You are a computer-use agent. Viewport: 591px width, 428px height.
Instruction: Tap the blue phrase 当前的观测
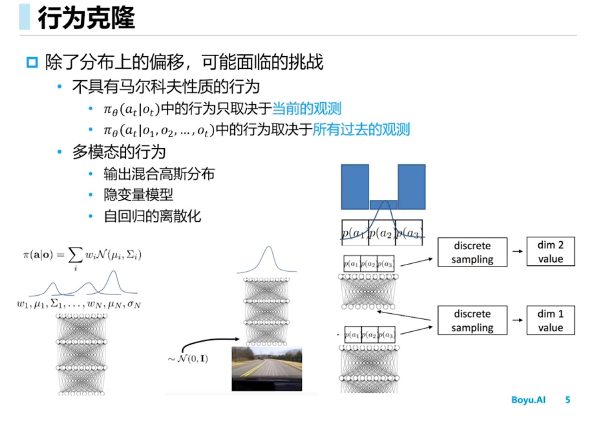(x=307, y=108)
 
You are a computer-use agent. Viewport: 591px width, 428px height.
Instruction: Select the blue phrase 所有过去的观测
(x=361, y=129)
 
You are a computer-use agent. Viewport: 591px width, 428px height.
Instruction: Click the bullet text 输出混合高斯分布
(x=159, y=173)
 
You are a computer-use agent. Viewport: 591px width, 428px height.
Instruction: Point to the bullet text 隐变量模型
(x=138, y=195)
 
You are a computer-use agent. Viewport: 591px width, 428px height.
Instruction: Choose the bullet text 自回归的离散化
(x=152, y=216)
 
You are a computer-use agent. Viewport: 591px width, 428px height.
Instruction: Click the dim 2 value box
(x=551, y=252)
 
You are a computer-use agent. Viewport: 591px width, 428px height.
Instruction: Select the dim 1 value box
(x=551, y=321)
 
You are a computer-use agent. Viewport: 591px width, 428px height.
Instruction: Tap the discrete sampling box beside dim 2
(x=472, y=252)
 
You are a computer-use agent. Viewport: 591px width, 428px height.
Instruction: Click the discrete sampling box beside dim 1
(x=472, y=321)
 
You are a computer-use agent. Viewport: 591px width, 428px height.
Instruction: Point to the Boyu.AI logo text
(x=528, y=400)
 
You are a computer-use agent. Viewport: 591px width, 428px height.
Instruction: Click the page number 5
(x=568, y=400)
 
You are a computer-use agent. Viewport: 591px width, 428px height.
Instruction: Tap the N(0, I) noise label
(x=188, y=359)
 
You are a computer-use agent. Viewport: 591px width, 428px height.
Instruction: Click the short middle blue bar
(x=383, y=205)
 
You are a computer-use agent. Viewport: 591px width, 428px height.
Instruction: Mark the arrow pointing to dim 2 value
(x=516, y=252)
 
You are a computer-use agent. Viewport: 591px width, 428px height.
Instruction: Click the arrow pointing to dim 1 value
(x=516, y=321)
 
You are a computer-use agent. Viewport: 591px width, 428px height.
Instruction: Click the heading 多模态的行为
(x=119, y=152)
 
